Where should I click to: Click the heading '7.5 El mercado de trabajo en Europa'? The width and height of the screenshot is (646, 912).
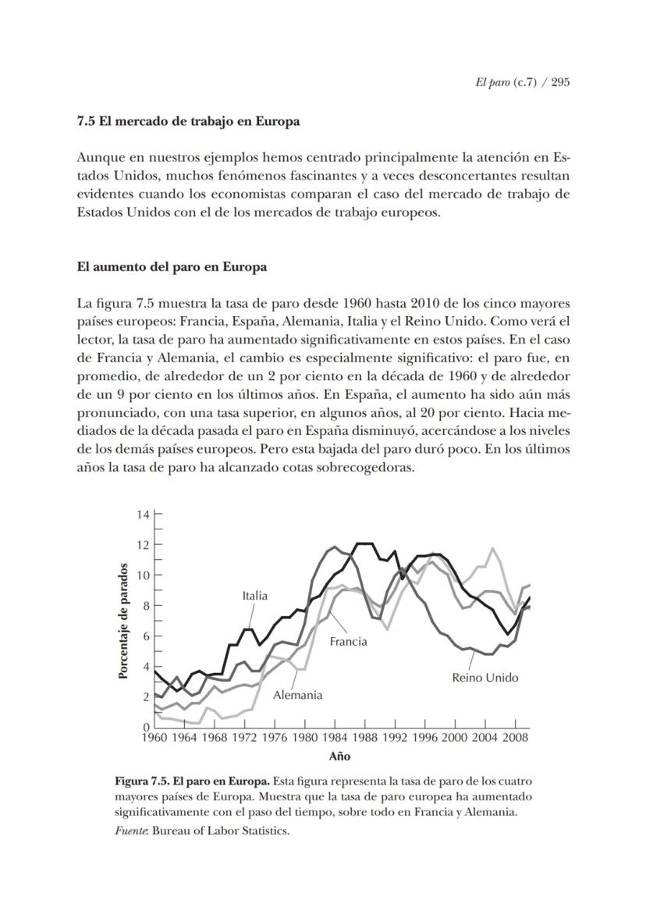188,122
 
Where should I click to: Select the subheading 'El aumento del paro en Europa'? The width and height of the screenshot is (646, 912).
172,267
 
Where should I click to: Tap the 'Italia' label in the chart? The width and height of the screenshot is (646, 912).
254,596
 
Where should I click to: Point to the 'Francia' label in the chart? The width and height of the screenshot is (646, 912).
348,642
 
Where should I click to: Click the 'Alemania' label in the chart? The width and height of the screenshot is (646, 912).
297,695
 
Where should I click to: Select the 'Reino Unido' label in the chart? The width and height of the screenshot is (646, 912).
484,678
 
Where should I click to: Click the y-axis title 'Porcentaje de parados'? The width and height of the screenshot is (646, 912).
123,621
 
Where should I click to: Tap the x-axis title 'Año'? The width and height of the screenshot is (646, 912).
339,756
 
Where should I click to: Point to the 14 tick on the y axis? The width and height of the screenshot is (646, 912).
142,515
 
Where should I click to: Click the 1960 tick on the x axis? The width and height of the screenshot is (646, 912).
155,737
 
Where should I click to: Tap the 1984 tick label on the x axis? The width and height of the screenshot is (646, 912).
334,737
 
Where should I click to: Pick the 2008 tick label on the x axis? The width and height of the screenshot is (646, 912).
514,737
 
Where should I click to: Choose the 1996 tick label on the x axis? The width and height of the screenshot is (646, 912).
424,737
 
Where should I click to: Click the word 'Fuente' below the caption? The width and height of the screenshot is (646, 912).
131,831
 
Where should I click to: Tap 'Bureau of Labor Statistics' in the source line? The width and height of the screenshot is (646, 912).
221,831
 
